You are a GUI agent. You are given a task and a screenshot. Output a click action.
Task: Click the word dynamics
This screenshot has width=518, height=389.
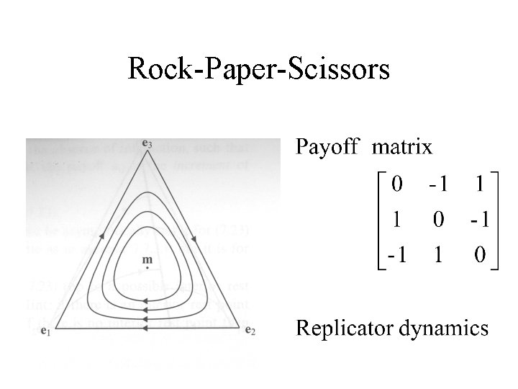445,329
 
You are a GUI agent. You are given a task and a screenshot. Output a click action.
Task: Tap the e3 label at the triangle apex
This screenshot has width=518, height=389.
147,143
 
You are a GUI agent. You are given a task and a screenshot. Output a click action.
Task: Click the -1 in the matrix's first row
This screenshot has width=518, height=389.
438,184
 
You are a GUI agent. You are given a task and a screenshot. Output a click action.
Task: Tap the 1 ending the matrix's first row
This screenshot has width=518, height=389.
480,184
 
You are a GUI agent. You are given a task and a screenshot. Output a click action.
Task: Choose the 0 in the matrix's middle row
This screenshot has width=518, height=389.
438,220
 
